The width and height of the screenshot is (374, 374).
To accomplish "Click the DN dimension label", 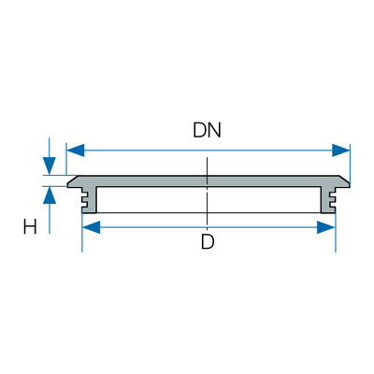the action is tap(207, 130).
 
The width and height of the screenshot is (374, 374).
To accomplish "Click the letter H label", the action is tap(30, 226).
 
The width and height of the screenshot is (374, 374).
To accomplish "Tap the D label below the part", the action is tap(208, 241).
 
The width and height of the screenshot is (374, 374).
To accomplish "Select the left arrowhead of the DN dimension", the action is tap(76, 151).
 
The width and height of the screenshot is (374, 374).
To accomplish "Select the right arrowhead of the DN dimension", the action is tap(341, 151).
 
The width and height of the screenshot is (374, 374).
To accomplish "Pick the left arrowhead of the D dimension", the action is tap(91, 227).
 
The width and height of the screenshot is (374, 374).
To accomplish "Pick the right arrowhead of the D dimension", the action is tap(325, 227).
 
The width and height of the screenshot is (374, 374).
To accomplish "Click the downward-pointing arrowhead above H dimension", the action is tap(49, 165).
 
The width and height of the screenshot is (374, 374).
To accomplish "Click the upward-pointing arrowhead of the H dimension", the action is tap(50, 195).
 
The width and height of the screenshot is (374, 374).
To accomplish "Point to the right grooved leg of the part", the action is tap(327, 200).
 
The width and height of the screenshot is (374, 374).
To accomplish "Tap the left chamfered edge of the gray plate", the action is tap(72, 180).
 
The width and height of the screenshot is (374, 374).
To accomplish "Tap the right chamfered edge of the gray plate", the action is tap(345, 180).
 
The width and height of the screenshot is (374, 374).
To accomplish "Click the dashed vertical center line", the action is tap(207, 191).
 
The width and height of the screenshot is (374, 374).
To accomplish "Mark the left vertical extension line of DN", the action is tap(66, 159).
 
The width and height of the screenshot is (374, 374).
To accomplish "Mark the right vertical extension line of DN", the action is tap(350, 164).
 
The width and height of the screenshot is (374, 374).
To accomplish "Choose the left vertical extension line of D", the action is tap(82, 233).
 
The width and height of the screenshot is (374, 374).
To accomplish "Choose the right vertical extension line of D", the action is tap(336, 233).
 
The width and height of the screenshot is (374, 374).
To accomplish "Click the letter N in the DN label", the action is tap(214, 130).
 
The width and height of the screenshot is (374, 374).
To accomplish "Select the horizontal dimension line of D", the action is tap(209, 227).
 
